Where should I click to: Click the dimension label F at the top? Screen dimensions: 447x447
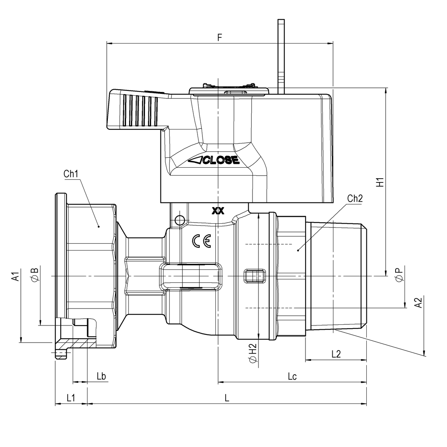point(220,37)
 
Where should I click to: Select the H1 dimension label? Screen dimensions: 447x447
point(380,182)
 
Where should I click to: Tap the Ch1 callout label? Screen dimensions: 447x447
point(71,174)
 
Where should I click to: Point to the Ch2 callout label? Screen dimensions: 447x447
point(355,198)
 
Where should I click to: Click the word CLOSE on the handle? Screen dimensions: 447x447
point(221,160)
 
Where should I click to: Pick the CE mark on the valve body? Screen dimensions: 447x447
point(202,241)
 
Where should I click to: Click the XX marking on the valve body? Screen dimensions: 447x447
point(218,211)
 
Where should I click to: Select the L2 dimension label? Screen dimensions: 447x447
point(336,354)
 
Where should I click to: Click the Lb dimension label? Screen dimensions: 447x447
point(101,376)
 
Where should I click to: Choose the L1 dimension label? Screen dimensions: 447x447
point(71,398)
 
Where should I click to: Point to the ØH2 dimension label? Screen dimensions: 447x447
point(253,353)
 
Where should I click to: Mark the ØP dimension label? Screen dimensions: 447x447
point(400,274)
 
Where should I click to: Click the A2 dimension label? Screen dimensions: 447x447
point(418,303)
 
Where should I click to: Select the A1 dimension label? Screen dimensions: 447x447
point(16,276)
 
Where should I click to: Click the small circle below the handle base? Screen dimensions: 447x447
point(180,220)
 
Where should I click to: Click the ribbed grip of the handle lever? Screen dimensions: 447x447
point(141,110)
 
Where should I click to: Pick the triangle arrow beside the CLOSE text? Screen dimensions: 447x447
point(196,160)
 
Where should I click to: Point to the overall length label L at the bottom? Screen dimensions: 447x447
point(227,398)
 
